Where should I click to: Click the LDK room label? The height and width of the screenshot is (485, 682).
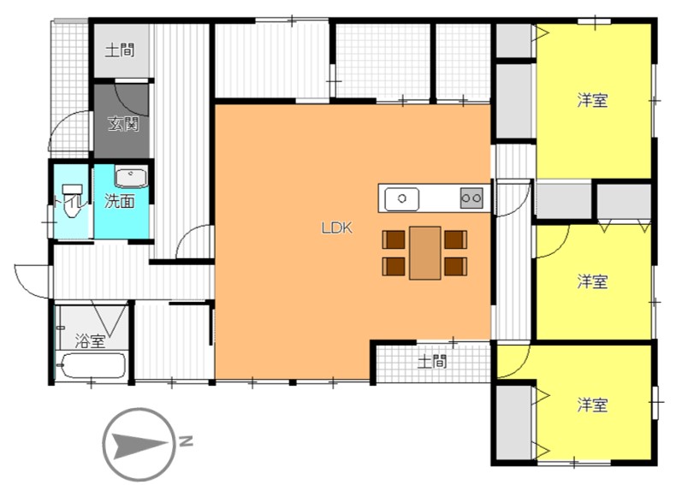[336, 228]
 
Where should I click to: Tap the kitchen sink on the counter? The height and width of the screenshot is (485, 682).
[402, 199]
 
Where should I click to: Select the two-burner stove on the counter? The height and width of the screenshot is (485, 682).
[471, 198]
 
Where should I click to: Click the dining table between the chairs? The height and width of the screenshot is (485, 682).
[425, 252]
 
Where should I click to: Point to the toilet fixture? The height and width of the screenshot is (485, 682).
[72, 201]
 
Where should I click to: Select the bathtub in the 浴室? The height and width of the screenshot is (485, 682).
[91, 365]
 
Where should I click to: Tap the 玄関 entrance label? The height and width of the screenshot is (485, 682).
[123, 125]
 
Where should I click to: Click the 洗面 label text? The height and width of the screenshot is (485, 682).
[119, 201]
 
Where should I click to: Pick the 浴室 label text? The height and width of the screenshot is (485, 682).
[90, 340]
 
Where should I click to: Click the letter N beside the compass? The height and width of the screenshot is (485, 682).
[186, 441]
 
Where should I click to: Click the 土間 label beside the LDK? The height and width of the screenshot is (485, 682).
[432, 362]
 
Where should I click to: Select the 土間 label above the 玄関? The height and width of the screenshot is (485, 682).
[120, 50]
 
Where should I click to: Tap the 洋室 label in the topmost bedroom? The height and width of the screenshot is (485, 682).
[592, 100]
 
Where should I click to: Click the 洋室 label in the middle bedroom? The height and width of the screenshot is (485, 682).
[592, 281]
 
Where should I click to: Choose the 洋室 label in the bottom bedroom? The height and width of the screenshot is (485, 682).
[592, 405]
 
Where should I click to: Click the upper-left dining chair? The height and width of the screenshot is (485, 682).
[394, 240]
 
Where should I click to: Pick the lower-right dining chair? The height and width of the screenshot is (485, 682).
[455, 267]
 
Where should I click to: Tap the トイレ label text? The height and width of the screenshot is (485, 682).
[68, 201]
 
